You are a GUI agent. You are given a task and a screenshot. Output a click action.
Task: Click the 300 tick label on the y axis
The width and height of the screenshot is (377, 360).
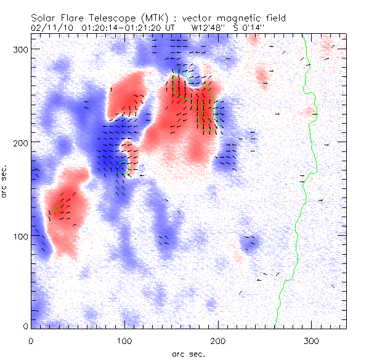[x=18, y=49]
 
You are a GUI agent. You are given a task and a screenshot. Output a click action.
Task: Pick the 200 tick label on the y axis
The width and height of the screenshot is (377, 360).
[x=18, y=142]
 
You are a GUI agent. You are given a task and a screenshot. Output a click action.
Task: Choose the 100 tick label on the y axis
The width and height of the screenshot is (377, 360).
[x=18, y=236]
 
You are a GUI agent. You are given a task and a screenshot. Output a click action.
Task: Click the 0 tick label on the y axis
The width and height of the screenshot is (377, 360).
[x=24, y=327]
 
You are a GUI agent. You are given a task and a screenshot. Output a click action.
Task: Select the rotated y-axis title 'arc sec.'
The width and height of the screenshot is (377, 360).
[x=6, y=182]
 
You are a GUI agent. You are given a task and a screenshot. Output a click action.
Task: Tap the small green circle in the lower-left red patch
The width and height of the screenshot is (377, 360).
[x=58, y=208]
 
